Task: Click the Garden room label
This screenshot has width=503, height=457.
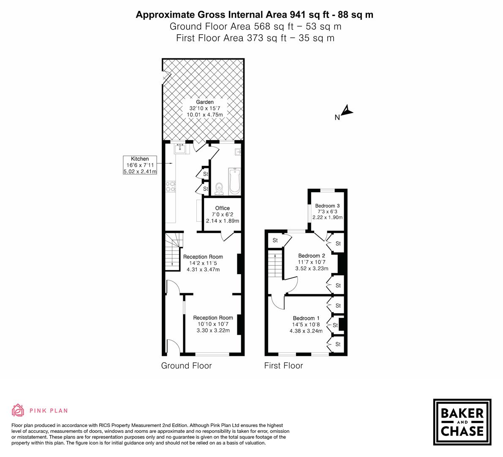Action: point(204,102)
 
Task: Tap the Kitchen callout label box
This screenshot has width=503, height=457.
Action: point(139,165)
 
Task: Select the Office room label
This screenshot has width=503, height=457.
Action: point(222,208)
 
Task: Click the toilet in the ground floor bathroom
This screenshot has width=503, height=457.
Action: point(219,188)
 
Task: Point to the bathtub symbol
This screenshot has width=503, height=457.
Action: point(234,181)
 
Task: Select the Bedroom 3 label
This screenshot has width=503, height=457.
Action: point(327,206)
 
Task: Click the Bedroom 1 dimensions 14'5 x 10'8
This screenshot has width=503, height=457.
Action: point(306,325)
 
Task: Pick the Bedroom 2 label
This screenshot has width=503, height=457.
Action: point(311,256)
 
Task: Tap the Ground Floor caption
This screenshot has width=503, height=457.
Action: point(186,366)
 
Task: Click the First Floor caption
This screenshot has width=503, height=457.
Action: point(283,366)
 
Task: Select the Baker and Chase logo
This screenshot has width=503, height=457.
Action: point(462,422)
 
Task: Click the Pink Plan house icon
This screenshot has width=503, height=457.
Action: point(18,410)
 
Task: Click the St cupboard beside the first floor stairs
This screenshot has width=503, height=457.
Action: point(275,240)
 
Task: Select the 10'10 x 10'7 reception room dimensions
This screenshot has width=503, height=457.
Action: point(213,324)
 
